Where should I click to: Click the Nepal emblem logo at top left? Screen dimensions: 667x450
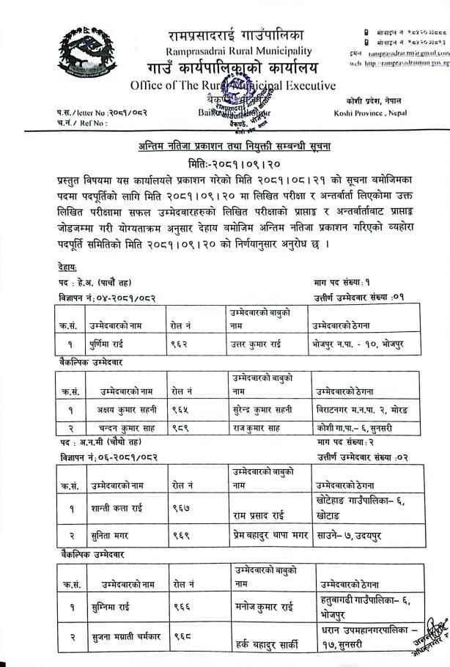click(86, 55)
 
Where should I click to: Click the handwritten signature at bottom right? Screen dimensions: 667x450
click(429, 632)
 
